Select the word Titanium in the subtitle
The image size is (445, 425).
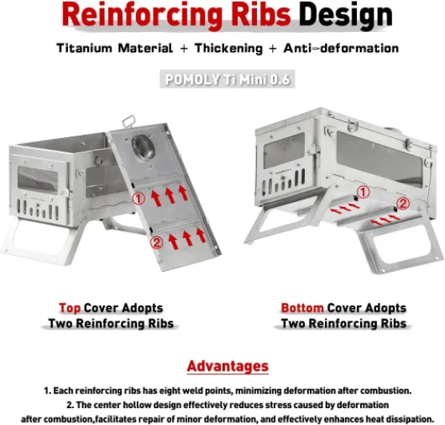(84, 48)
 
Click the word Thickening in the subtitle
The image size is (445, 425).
(228, 48)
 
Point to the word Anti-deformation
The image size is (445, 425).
(341, 48)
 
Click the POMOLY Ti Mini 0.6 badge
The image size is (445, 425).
(227, 79)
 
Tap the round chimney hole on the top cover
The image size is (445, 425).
(143, 148)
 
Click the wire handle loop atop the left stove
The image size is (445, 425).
(128, 121)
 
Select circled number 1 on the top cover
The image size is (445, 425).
(138, 199)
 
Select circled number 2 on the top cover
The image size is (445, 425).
(157, 242)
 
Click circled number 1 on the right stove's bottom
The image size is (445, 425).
(363, 192)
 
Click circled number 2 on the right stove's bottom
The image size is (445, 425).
(403, 204)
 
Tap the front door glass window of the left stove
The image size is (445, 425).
(38, 180)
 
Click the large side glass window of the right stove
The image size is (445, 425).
(379, 159)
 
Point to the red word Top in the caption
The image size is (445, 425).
(70, 308)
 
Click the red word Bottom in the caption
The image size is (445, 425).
(302, 308)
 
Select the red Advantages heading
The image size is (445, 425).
(227, 366)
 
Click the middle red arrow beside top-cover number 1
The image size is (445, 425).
(170, 196)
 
